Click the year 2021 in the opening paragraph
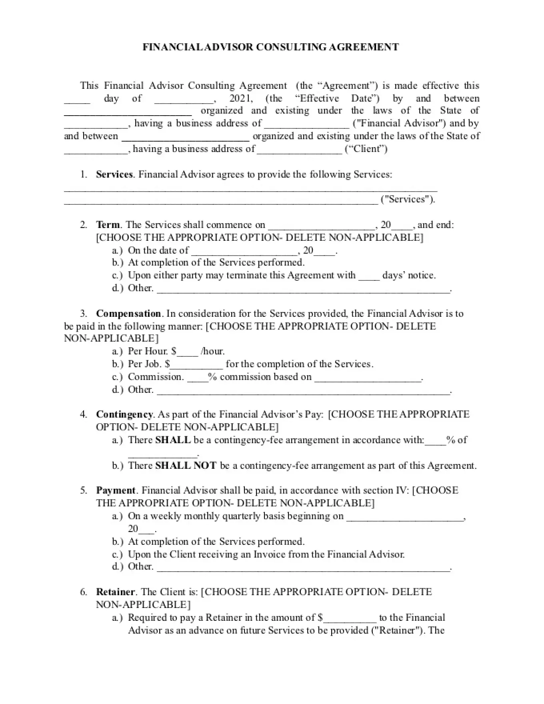click(x=241, y=98)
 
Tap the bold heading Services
click(x=114, y=174)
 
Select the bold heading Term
click(x=108, y=225)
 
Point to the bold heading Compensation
click(x=128, y=314)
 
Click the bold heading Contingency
click(x=124, y=414)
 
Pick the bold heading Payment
click(x=116, y=490)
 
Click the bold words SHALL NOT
click(x=186, y=466)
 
